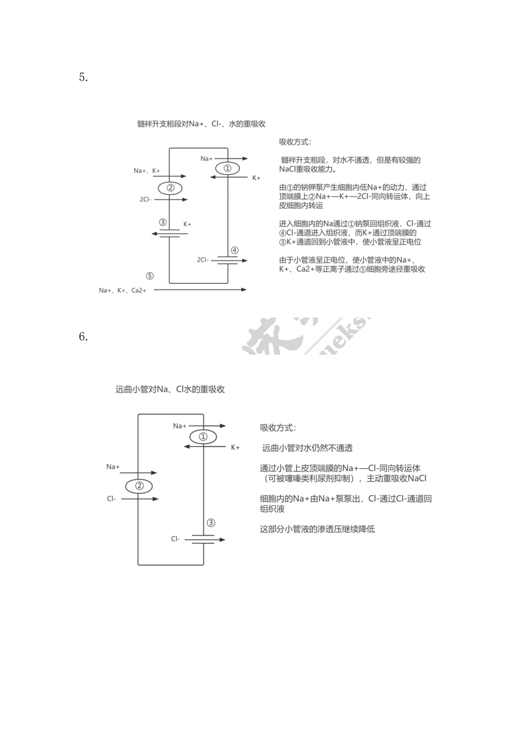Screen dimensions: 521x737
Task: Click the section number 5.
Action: pos(83,77)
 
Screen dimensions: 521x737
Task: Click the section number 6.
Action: pos(83,337)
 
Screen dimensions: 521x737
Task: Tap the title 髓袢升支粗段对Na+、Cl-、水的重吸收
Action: pos(201,124)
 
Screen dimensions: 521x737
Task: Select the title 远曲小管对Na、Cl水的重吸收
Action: pos(170,389)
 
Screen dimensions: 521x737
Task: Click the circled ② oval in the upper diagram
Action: pos(170,188)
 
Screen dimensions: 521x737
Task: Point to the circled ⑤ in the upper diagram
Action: pos(149,276)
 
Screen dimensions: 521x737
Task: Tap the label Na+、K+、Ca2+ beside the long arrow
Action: pos(122,290)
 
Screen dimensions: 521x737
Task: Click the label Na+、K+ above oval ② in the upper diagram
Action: pos(146,171)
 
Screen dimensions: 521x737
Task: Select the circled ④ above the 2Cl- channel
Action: pos(234,251)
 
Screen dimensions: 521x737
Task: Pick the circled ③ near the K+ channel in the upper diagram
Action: pos(162,222)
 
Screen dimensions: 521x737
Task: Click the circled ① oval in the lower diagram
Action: pos(203,436)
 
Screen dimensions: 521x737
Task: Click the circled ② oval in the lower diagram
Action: pos(139,486)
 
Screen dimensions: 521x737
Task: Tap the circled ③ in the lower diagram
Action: pos(211,523)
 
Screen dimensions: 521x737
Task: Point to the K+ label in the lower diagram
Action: pos(235,447)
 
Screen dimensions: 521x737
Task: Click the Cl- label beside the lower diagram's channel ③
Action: pos(175,539)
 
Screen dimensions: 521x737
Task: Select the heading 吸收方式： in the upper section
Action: pos(295,142)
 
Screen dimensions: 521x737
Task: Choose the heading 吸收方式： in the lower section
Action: pos(278,428)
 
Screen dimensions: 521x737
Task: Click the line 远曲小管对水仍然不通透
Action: pos(307,448)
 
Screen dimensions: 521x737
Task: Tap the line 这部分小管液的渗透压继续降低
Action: pos(317,529)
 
